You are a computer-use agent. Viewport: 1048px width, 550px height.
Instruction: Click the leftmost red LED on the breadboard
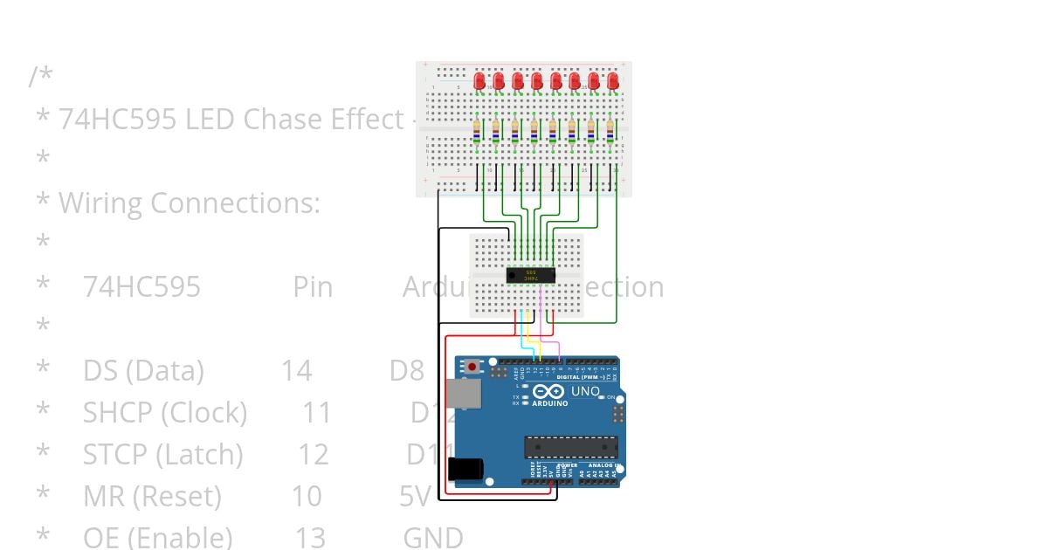479,80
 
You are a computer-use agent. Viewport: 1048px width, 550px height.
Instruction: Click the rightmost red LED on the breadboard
613,80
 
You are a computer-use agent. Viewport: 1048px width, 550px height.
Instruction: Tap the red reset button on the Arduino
472,367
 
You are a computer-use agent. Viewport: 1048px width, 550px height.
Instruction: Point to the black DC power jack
465,469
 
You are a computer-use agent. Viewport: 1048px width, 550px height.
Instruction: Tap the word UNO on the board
585,392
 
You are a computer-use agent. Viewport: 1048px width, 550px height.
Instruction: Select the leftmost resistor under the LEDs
476,131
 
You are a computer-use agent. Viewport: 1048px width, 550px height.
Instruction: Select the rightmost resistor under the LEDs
610,131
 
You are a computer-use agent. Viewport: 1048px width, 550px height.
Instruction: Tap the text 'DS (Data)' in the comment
143,370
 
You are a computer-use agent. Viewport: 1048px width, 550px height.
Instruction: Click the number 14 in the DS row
296,370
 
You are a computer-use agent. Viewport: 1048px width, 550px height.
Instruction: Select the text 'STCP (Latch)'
162,454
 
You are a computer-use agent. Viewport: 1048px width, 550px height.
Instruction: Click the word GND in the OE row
432,537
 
